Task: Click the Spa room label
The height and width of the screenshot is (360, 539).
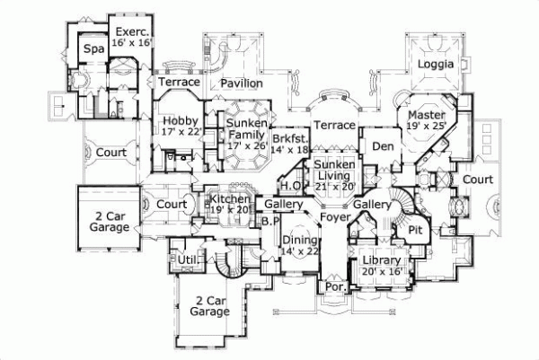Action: pyautogui.click(x=93, y=49)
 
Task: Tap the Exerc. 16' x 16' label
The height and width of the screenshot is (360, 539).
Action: pyautogui.click(x=130, y=36)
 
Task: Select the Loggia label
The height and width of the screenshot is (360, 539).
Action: pyautogui.click(x=440, y=65)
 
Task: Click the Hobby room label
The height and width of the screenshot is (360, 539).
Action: pyautogui.click(x=180, y=125)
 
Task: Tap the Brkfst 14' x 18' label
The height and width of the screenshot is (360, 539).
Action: pyautogui.click(x=290, y=144)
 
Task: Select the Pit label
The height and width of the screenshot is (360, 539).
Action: pyautogui.click(x=414, y=231)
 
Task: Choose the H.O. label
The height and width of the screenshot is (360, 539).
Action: pyautogui.click(x=290, y=186)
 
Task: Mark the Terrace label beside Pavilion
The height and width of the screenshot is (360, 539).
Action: pyautogui.click(x=178, y=82)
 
